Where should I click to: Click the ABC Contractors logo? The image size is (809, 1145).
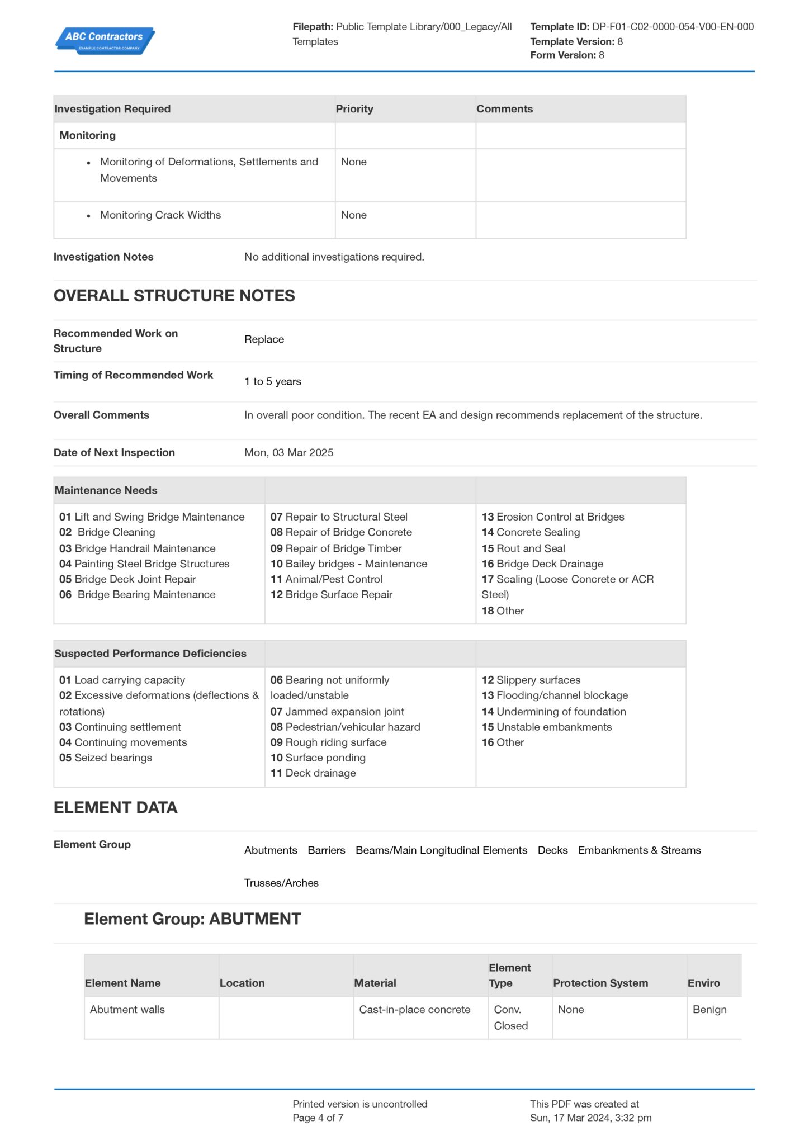105,40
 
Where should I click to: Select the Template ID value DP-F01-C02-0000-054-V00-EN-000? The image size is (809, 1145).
673,26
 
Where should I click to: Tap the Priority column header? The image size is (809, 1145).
354,109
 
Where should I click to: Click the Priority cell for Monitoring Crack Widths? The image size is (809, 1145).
354,215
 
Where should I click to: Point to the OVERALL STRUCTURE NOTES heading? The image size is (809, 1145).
174,296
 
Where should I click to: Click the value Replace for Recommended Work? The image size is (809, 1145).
264,339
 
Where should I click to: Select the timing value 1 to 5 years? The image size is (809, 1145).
272,381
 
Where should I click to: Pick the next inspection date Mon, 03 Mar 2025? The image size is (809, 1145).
288,452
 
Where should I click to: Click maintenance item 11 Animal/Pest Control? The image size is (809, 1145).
327,579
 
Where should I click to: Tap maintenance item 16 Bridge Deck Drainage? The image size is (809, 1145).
542,564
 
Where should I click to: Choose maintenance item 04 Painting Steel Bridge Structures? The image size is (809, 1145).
144,564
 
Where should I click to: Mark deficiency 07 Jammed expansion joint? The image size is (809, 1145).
337,711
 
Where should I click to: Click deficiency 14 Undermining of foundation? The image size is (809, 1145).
553,711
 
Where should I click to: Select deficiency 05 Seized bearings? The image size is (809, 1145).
106,758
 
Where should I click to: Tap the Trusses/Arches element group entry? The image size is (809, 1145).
281,883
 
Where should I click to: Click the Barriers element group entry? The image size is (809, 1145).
327,850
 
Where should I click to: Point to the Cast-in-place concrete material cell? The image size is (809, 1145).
414,1009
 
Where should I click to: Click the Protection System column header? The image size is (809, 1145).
600,983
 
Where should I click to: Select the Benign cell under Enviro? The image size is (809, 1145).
709,1009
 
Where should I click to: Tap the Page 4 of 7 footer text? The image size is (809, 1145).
318,1118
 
